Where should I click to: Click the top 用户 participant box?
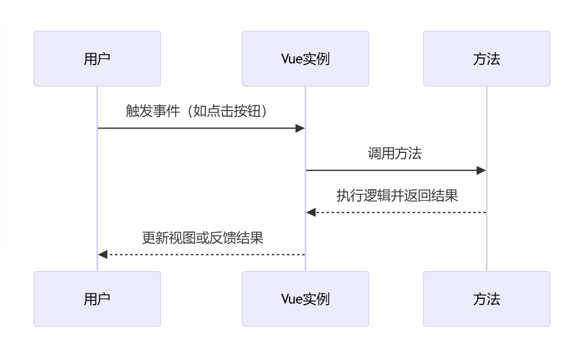pyautogui.click(x=97, y=59)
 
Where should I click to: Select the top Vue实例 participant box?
pyautogui.click(x=305, y=59)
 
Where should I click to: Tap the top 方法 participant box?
pyautogui.click(x=486, y=59)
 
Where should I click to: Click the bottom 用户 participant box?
pyautogui.click(x=97, y=299)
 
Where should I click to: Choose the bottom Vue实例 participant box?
pyautogui.click(x=305, y=299)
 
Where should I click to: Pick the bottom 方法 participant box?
pyautogui.click(x=486, y=299)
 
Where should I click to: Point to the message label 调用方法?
pyautogui.click(x=395, y=153)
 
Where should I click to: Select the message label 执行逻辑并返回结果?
pyautogui.click(x=397, y=195)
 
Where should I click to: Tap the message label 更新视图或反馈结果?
pyautogui.click(x=202, y=237)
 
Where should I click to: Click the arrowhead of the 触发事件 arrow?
pyautogui.click(x=300, y=128)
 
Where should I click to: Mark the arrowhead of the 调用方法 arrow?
pyautogui.click(x=481, y=171)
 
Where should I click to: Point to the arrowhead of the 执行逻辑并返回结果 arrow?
pyautogui.click(x=311, y=213)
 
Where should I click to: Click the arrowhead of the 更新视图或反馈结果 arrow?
pyautogui.click(x=103, y=254)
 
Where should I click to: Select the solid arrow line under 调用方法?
pyautogui.click(x=390, y=171)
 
